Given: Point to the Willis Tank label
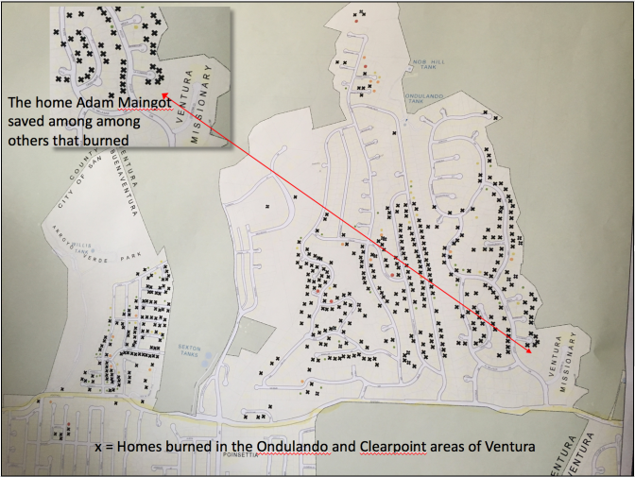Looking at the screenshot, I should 74,243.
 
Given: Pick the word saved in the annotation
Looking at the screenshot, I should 26,121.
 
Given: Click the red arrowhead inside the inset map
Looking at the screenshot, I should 165,94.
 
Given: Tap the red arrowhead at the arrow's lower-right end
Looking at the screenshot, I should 526,351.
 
